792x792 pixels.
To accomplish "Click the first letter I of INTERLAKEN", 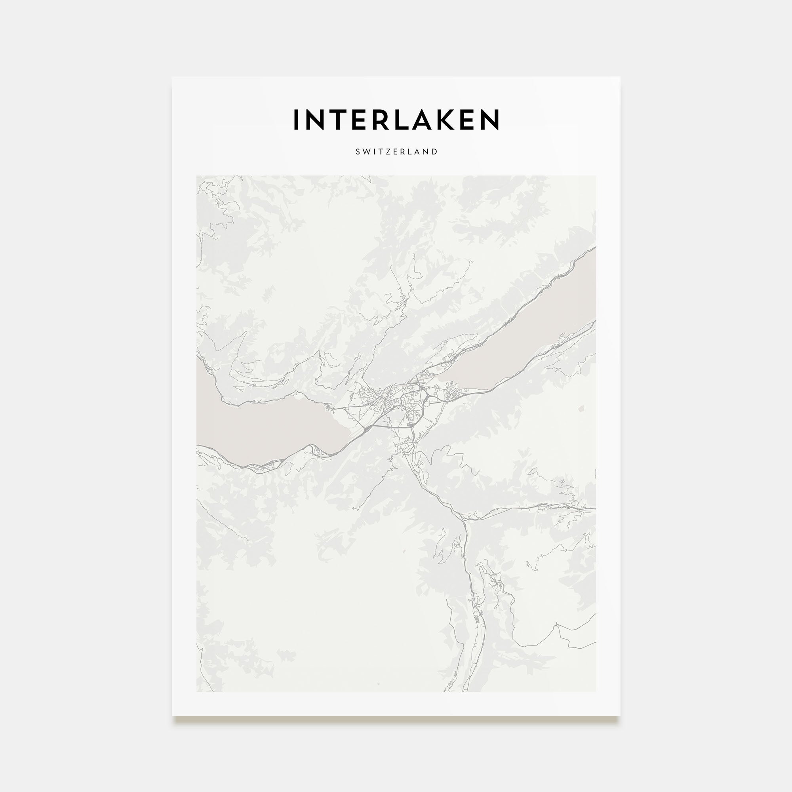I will (296, 119).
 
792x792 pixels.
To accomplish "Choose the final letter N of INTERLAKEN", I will (489, 119).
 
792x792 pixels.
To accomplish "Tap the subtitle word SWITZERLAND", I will (396, 152).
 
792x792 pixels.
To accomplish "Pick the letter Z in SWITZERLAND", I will (389, 152).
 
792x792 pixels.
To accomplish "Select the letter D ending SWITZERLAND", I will (435, 152).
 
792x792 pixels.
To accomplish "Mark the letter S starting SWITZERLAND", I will (358, 152).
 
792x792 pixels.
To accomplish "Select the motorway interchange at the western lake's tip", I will (368, 428).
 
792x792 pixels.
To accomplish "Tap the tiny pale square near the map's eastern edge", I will (580, 408).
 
